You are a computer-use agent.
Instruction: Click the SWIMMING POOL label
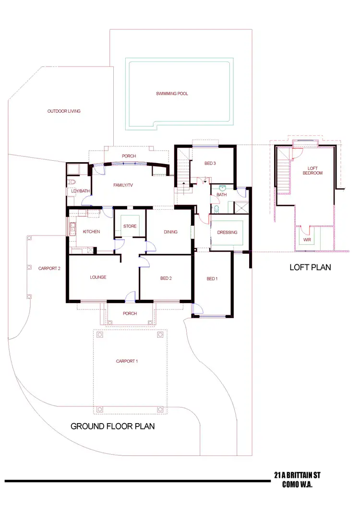coord(172,94)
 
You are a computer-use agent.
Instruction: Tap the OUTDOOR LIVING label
coord(64,111)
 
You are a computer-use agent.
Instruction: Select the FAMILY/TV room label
coord(123,185)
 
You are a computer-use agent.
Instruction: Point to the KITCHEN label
coord(91,232)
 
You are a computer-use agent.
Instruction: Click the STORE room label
coord(130,226)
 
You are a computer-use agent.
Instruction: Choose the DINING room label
coord(170,232)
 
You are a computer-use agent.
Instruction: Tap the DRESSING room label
coord(227,232)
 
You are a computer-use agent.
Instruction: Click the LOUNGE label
coord(98,277)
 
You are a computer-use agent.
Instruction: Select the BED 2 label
coord(166,278)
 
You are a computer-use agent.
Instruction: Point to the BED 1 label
coord(212,279)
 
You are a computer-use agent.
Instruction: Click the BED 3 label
coord(210,164)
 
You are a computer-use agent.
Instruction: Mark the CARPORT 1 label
coord(127,361)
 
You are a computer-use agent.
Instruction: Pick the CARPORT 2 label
coord(49,269)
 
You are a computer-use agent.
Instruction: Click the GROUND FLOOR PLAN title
coord(113,426)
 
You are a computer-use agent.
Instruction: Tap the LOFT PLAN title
coord(310,267)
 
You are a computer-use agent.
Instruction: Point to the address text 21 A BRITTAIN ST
coord(297,475)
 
